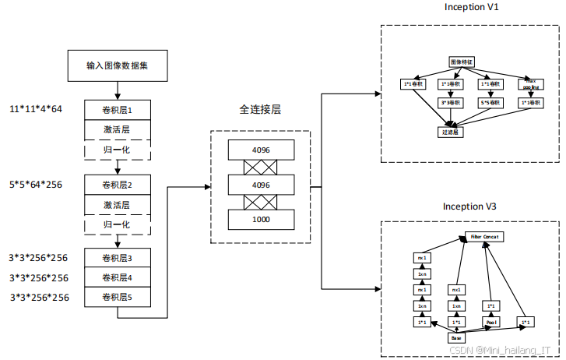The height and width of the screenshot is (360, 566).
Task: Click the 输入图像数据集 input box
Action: tap(117, 65)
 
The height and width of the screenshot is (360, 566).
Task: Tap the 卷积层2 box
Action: tap(117, 185)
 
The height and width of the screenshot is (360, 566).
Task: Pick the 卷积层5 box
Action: tap(117, 297)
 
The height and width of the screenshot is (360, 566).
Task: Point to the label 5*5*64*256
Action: tap(36, 185)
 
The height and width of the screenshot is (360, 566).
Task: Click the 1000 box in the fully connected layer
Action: tap(262, 221)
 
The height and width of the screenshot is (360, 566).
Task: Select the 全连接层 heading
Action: tap(260, 110)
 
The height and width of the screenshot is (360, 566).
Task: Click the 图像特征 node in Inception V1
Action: tap(462, 61)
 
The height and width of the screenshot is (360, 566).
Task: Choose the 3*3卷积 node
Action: tap(451, 102)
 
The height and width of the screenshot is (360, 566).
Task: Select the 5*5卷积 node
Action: tap(490, 102)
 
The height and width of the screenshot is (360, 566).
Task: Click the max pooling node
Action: tap(530, 81)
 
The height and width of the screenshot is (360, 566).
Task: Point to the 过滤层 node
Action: tap(452, 132)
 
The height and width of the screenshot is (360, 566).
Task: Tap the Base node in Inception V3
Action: tap(457, 338)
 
